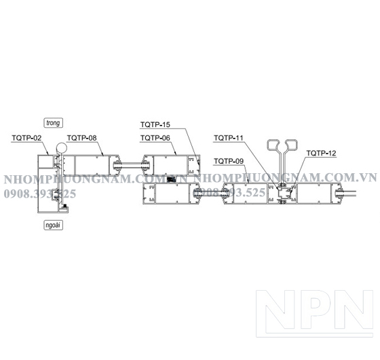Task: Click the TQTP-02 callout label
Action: click(x=26, y=138)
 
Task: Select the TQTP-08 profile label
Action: click(x=82, y=138)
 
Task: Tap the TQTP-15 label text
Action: click(x=155, y=125)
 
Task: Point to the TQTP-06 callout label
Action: click(x=155, y=138)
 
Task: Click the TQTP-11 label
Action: click(x=228, y=138)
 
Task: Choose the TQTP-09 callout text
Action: click(x=229, y=161)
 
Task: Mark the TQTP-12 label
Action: click(x=322, y=154)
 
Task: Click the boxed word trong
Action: click(x=54, y=123)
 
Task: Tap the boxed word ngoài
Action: click(x=54, y=225)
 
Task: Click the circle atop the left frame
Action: click(x=61, y=148)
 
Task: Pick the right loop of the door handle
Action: click(x=291, y=145)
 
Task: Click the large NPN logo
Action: click(x=314, y=313)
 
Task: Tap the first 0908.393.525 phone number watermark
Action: click(x=40, y=194)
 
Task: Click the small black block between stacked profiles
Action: click(x=172, y=179)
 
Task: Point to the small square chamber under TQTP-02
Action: click(x=46, y=162)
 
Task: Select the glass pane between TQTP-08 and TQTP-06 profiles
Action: click(x=132, y=165)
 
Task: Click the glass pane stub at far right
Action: click(x=349, y=194)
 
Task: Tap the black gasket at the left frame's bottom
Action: click(x=64, y=206)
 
